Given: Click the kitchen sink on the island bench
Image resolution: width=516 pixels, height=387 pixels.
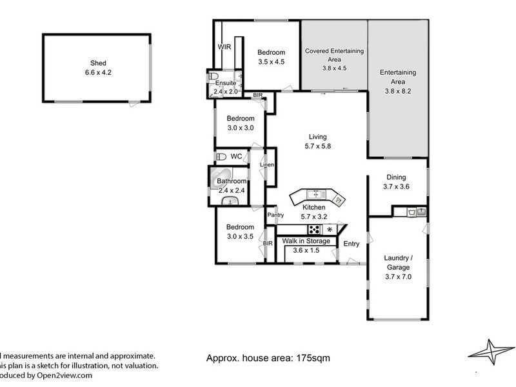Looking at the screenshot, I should coord(315,193).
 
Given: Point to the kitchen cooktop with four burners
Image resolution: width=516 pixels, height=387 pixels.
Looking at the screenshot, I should coord(315,229).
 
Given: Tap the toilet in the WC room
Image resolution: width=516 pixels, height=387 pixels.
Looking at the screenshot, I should coord(221,156).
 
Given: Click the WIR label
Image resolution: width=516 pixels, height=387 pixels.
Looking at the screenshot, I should coord(224,47).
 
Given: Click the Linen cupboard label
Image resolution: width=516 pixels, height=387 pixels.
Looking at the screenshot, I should coord(267,165).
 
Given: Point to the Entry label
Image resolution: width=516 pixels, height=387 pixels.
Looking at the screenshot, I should coord(351,244).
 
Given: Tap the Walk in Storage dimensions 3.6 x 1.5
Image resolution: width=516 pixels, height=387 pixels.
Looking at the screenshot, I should coord(306,250).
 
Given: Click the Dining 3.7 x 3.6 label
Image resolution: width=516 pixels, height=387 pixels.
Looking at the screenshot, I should coord(396,182).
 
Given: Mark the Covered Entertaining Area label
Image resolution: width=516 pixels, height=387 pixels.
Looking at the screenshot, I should coord(334,55).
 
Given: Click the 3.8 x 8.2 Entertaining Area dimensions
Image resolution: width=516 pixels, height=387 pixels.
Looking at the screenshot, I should coord(397,91).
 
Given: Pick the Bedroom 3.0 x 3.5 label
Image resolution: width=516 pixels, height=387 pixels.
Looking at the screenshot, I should coord(241,232).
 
